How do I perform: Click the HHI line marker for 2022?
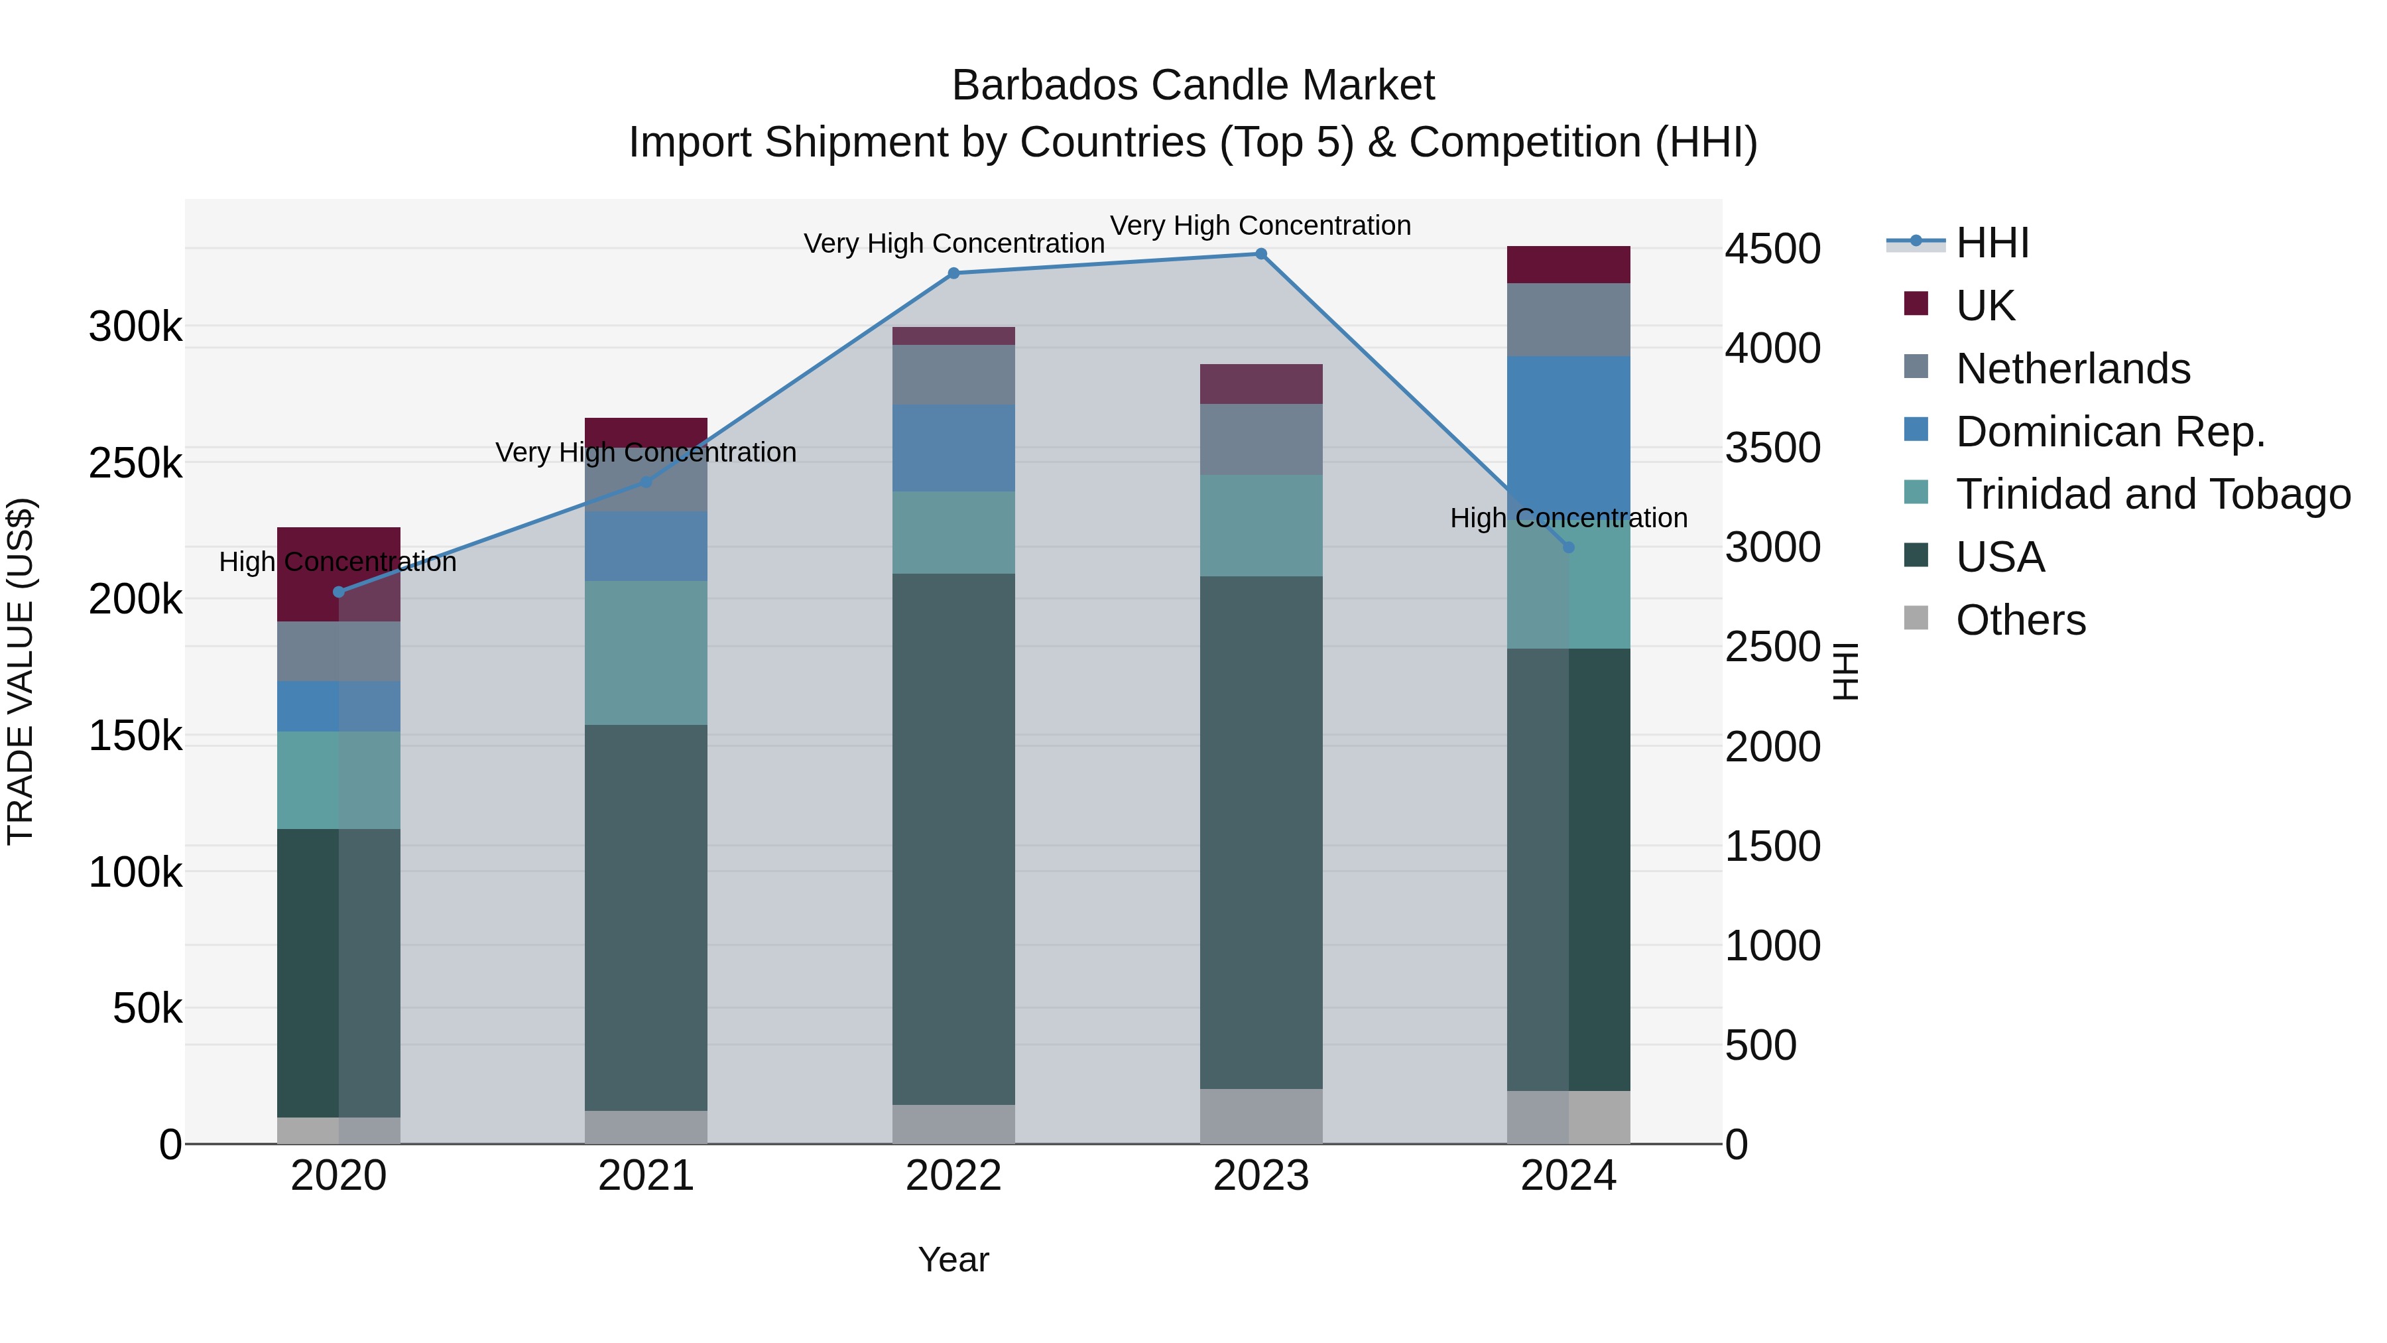(953, 273)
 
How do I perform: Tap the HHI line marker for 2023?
(1261, 254)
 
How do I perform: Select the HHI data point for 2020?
(339, 592)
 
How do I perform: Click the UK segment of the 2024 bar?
(1568, 265)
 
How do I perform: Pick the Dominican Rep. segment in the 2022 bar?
(953, 448)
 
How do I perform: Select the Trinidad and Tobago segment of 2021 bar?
(646, 653)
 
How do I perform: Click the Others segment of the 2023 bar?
(1261, 1116)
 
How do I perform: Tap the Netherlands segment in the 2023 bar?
(1261, 439)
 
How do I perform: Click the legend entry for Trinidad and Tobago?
(2152, 494)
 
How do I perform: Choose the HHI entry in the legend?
(1992, 243)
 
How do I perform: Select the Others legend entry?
(2020, 620)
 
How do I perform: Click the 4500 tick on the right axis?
(1772, 249)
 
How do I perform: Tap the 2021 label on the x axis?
(646, 1176)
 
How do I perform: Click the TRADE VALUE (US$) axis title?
(21, 671)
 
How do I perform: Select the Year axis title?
(953, 1259)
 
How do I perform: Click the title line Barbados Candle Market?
(1193, 86)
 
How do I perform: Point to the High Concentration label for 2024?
(1568, 518)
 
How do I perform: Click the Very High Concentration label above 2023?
(1260, 226)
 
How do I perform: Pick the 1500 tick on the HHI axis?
(1772, 846)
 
